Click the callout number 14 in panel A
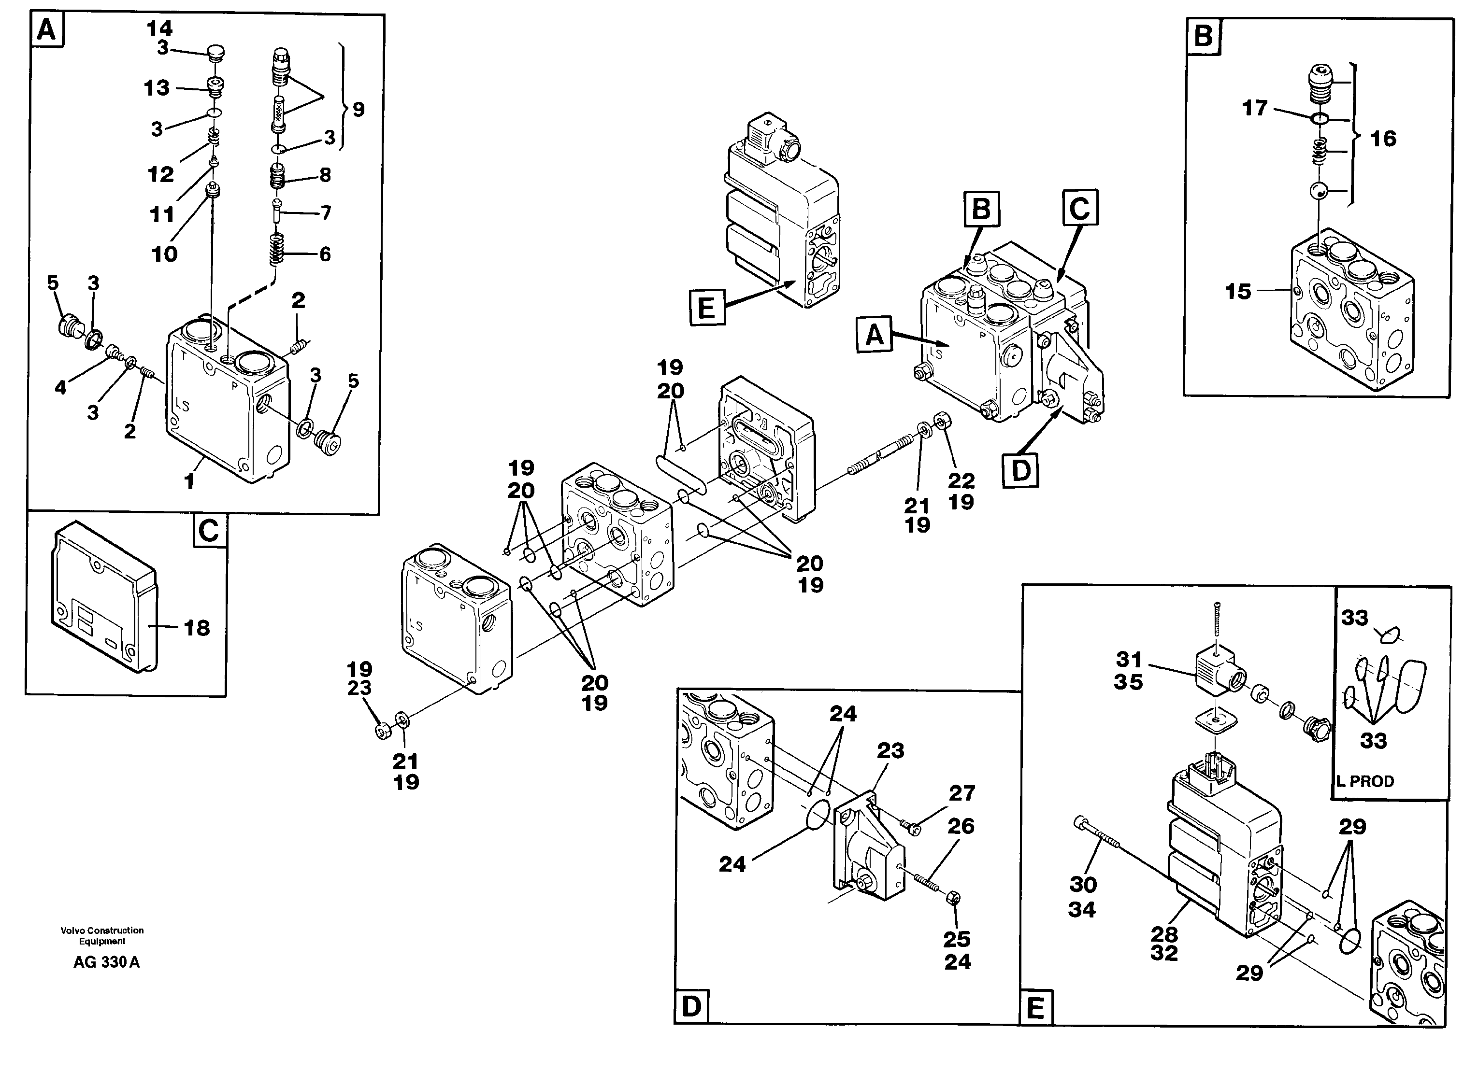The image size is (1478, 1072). coord(159,28)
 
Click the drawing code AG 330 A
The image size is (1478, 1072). coord(106,962)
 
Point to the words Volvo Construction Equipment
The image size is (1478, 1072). coord(102,935)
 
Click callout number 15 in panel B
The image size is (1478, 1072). coord(1238,291)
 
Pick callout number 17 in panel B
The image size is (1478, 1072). coord(1254,108)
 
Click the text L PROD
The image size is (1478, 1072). coord(1365,781)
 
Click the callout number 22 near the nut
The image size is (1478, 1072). coord(961,480)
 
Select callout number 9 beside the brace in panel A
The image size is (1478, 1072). coord(359,110)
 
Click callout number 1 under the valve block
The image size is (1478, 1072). coord(189,482)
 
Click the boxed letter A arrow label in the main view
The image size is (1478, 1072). coord(874,336)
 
